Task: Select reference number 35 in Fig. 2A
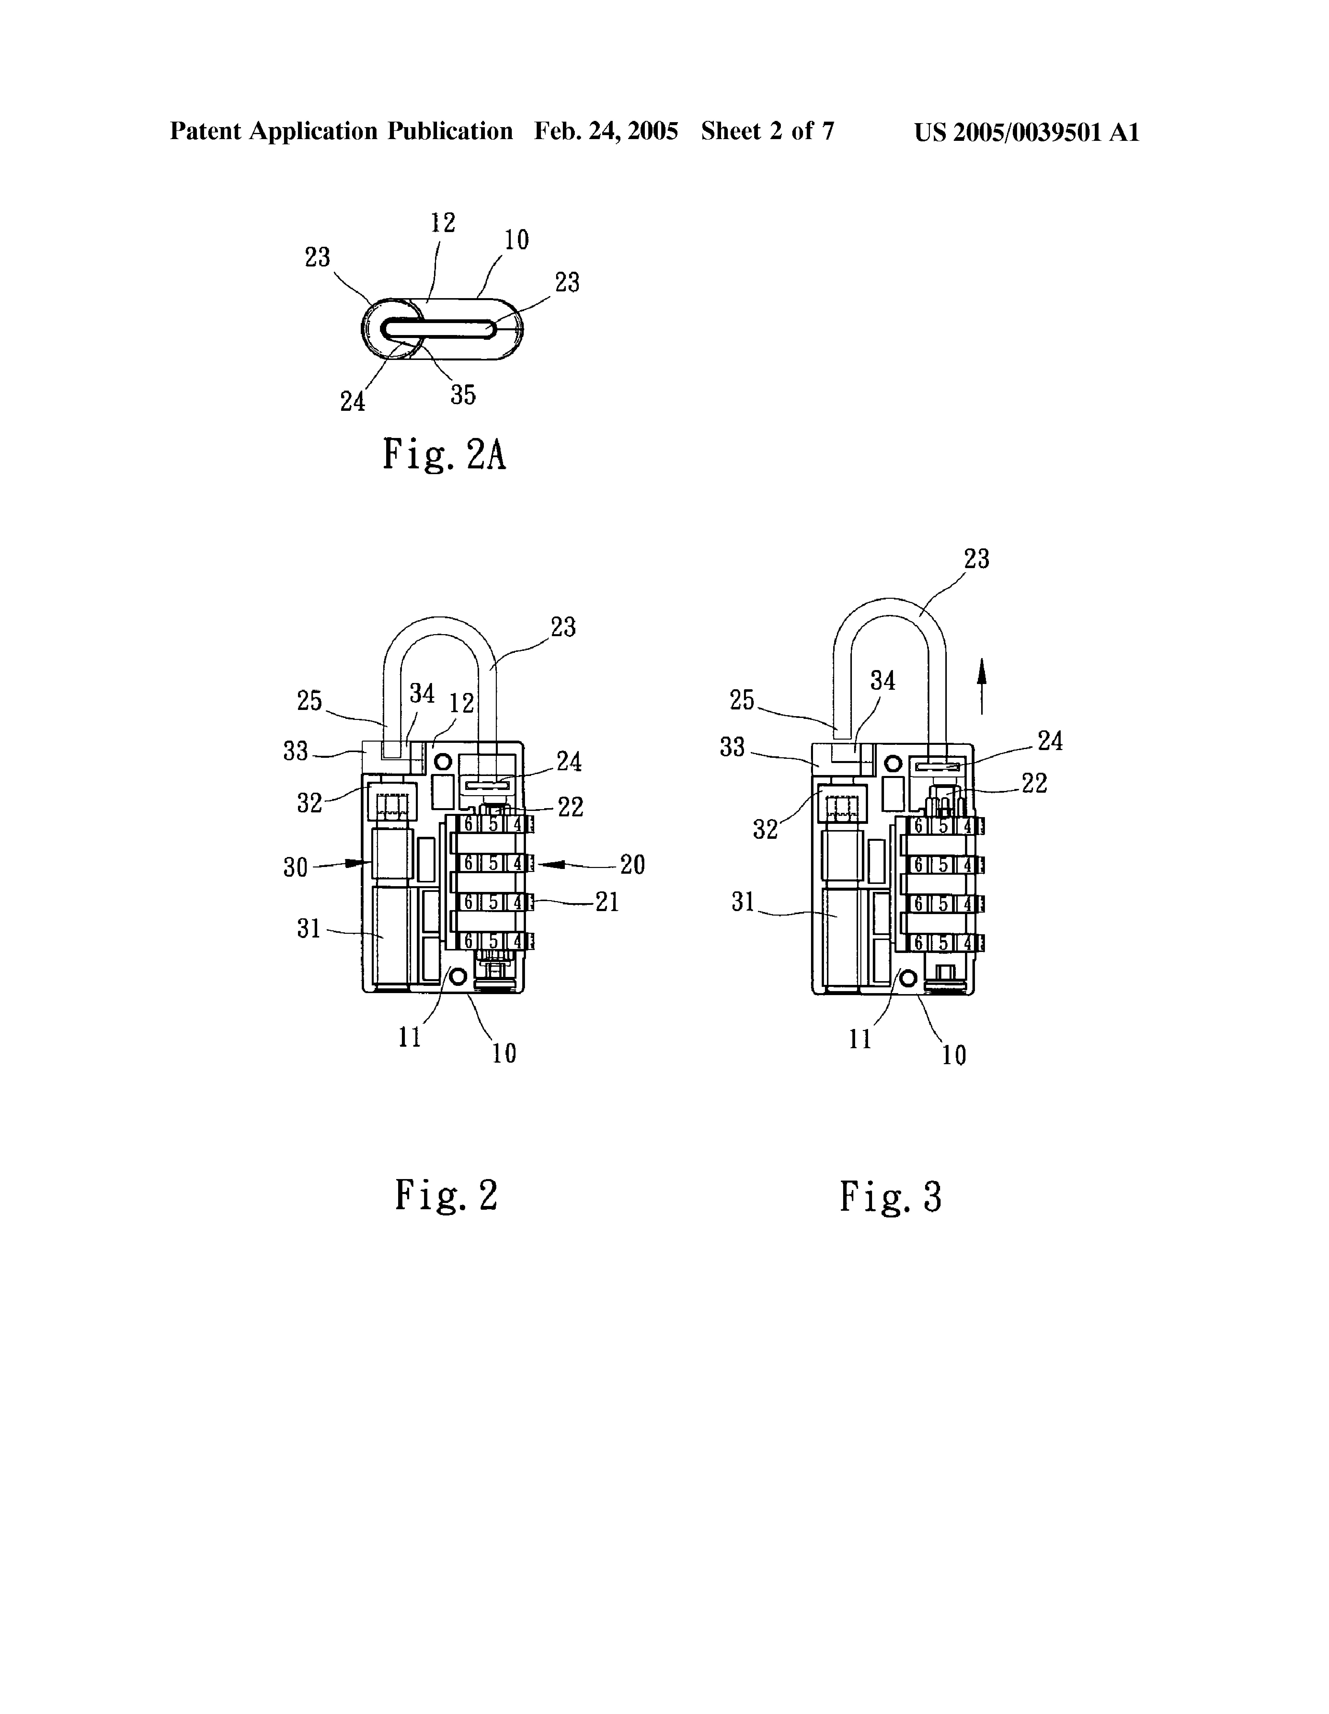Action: [463, 394]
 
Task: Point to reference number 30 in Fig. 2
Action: [296, 867]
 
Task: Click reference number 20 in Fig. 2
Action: [632, 865]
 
